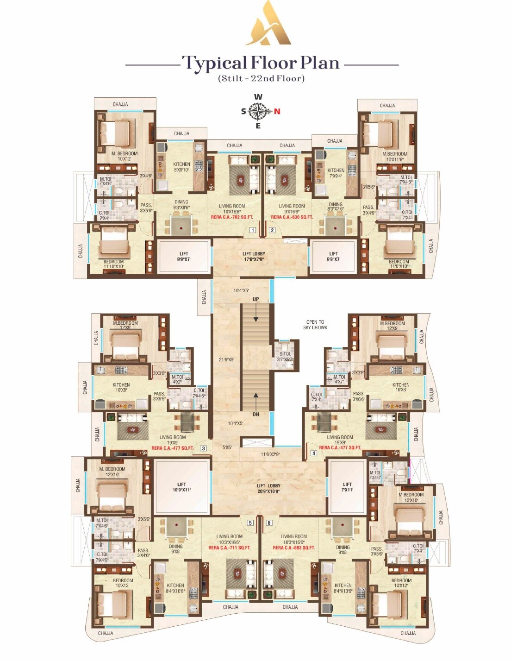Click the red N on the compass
277,111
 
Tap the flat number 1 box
253,230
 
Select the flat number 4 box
313,453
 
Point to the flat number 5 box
250,523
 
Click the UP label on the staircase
255,299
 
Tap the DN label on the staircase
255,414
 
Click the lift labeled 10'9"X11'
181,487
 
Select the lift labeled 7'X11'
347,487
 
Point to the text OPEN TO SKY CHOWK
315,325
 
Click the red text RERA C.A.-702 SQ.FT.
232,217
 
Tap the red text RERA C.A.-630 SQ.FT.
292,217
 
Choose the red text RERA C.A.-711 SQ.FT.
229,548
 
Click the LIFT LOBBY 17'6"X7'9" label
254,256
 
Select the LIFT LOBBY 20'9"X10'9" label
268,489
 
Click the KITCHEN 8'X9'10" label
181,167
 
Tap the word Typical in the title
214,63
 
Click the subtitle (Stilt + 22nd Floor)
261,78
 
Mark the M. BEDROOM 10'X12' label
124,156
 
